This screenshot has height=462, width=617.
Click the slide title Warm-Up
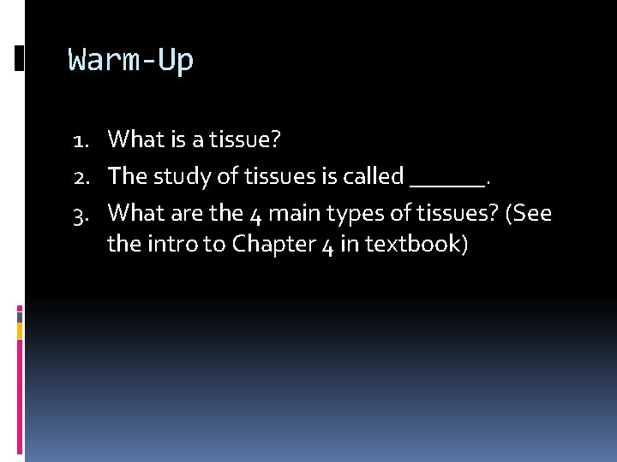click(x=131, y=61)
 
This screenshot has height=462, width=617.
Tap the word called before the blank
click(x=373, y=176)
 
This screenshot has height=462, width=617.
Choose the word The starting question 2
click(x=128, y=176)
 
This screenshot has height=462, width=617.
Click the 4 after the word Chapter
click(x=326, y=245)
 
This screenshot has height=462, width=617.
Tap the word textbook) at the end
click(x=416, y=245)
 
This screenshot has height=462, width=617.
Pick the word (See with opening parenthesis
click(x=529, y=211)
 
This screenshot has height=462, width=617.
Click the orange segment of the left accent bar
click(x=21, y=330)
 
